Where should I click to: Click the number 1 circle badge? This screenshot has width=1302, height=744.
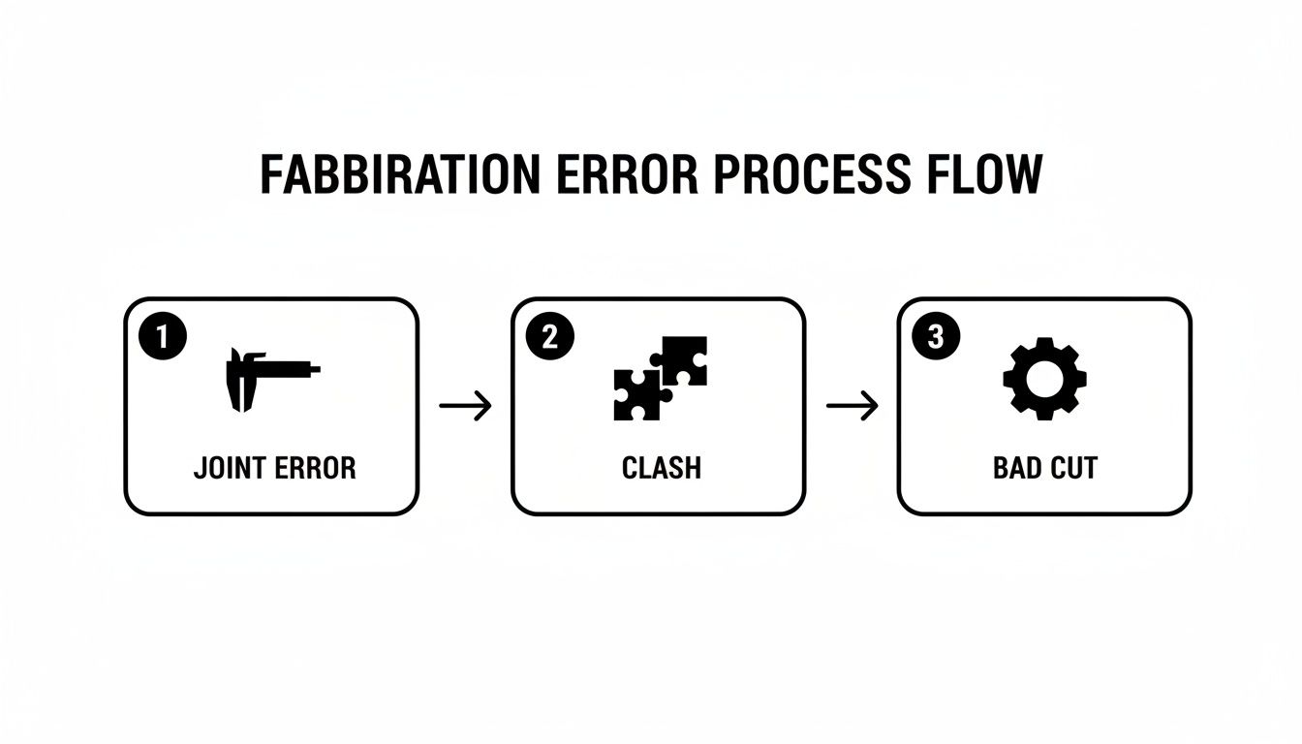coord(162,337)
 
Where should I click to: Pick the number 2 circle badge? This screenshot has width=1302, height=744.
coord(549,337)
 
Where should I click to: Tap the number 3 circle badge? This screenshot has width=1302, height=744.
coord(935,337)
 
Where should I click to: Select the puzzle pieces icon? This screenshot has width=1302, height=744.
coord(660,378)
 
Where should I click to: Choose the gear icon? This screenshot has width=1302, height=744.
coord(1044,378)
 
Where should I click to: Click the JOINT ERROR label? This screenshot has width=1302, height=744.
coord(274,469)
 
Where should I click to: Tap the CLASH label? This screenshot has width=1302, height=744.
coord(661,469)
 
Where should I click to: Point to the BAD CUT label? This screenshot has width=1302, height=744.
coord(1045,469)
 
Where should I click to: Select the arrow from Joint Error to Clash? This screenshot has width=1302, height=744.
coord(465,406)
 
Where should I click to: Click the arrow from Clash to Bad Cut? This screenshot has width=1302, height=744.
coord(852,406)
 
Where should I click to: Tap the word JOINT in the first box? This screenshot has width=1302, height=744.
coord(230,469)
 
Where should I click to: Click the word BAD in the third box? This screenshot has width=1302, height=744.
coord(1015,469)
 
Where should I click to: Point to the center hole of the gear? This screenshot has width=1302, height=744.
coord(1044,378)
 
